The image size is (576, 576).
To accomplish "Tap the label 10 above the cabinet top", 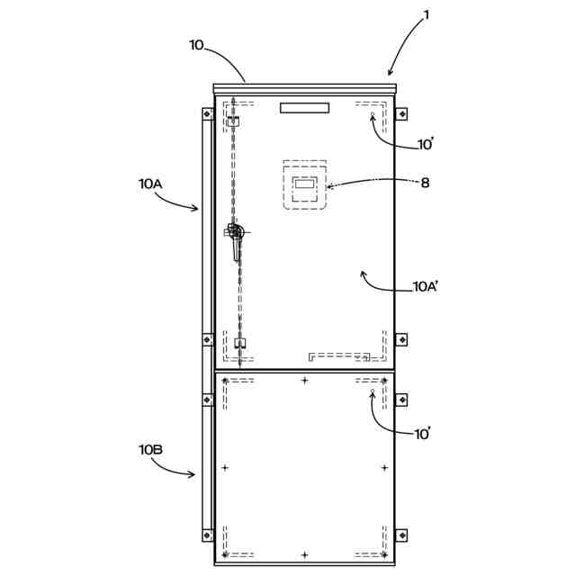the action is (x=196, y=44).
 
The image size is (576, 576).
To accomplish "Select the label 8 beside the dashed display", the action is (x=425, y=183).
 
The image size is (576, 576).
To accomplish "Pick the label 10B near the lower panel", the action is (x=149, y=448).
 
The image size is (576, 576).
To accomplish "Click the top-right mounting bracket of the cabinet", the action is (x=401, y=113).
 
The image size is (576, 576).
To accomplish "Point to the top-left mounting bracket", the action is (x=207, y=113).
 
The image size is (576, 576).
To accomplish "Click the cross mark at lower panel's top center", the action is (x=304, y=381).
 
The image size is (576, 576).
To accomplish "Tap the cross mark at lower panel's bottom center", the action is (x=304, y=554).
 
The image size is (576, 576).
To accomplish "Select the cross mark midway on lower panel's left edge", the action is (x=224, y=468).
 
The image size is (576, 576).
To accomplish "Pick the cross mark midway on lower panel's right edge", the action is (x=384, y=468).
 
